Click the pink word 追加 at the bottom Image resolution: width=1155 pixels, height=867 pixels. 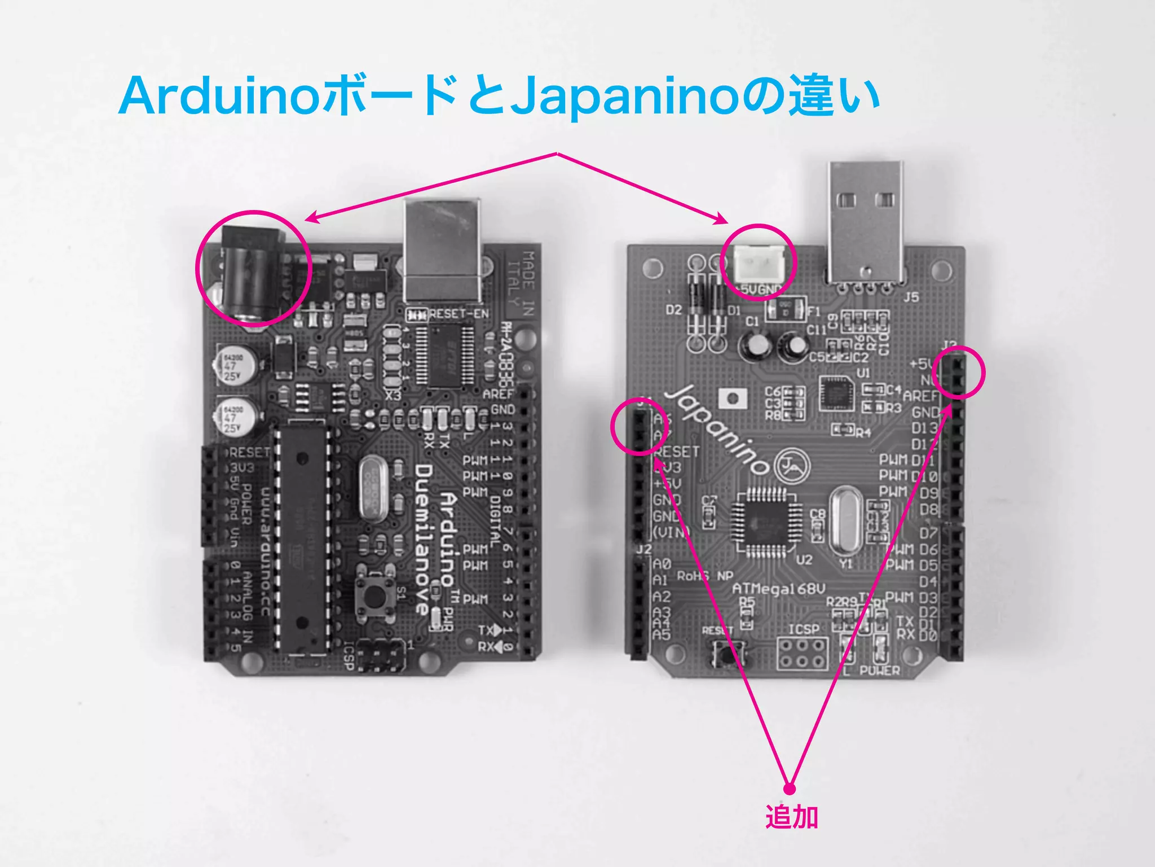click(x=791, y=817)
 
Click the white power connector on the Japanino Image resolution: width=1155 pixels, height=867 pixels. click(x=759, y=265)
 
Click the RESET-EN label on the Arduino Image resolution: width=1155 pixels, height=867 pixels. click(x=459, y=314)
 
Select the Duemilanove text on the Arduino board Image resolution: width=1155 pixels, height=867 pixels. click(x=424, y=539)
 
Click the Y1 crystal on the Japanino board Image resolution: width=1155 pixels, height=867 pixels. click(x=844, y=519)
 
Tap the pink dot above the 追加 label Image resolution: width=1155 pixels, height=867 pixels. click(x=790, y=789)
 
